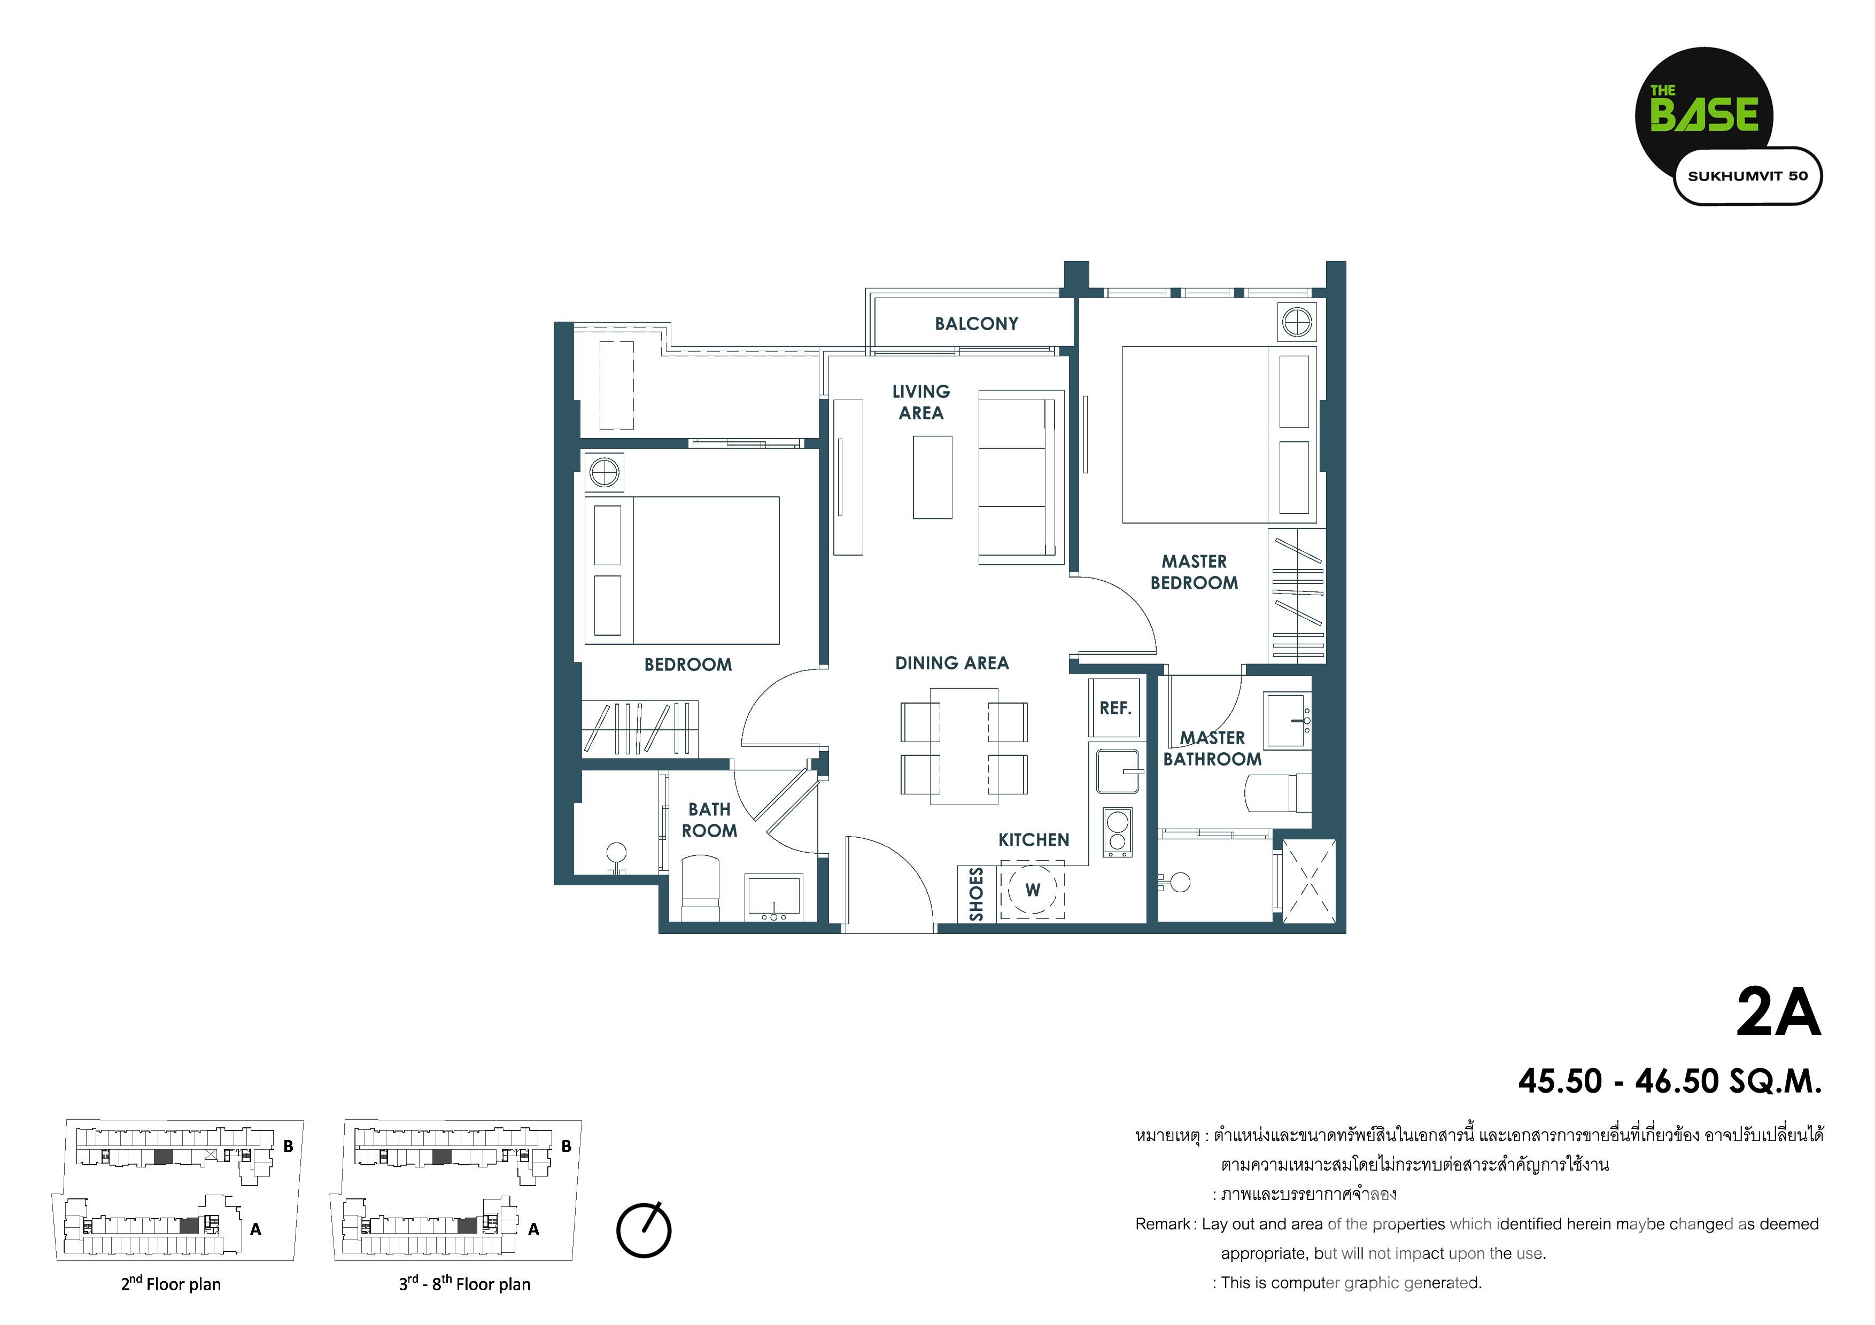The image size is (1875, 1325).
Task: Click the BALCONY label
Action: [976, 324]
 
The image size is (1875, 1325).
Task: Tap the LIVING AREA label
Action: [921, 402]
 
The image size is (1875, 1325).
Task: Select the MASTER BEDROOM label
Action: [1194, 572]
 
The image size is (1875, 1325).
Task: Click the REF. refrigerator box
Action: [1115, 708]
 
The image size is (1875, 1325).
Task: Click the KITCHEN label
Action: [1033, 840]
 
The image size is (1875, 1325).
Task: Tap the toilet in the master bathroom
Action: [1278, 793]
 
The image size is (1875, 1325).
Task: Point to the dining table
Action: [964, 746]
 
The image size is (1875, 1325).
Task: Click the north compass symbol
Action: [644, 1229]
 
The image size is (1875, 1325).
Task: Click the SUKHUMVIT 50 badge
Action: [1748, 176]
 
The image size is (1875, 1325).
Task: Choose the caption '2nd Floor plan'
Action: [171, 1283]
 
